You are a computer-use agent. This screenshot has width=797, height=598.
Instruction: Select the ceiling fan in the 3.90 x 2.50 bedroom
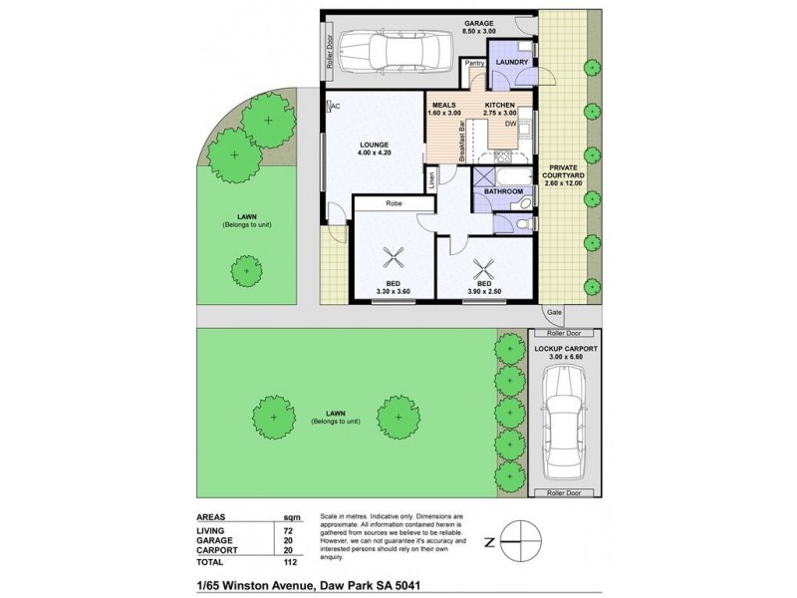[x=487, y=267]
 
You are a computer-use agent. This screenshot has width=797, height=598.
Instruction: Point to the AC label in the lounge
[x=336, y=107]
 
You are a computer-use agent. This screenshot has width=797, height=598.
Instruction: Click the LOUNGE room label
[x=374, y=146]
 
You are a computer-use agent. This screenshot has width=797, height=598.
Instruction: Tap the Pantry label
[x=473, y=62]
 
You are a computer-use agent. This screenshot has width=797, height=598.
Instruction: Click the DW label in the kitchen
[x=509, y=125]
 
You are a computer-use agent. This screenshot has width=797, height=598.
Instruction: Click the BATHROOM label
[x=503, y=189]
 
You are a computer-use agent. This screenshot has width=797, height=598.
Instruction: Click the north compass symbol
[x=517, y=542]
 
